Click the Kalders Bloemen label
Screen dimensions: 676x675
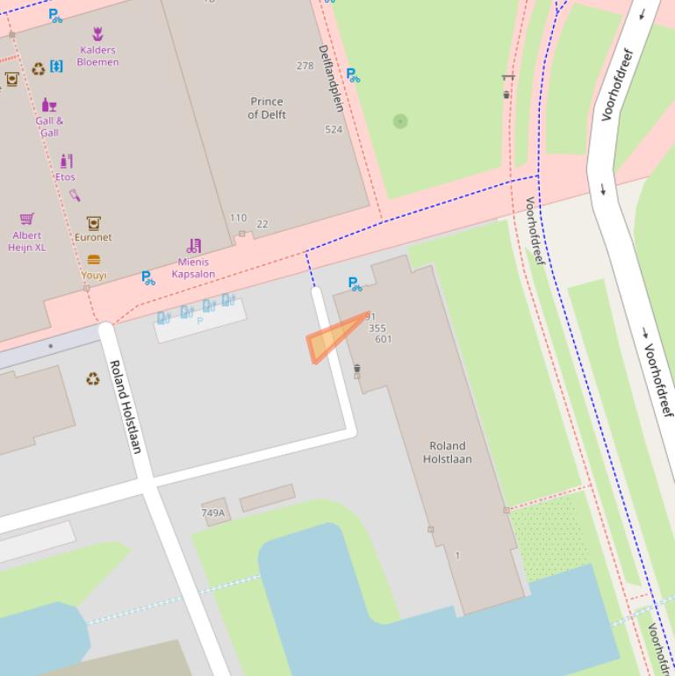coord(97,56)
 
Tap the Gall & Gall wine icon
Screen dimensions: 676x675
coord(49,105)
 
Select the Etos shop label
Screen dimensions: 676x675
coord(65,176)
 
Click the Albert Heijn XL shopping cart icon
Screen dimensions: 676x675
coord(27,219)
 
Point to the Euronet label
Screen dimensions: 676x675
coord(93,237)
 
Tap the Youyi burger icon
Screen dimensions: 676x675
coord(94,260)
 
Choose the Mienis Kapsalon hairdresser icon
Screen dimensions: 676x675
coord(194,246)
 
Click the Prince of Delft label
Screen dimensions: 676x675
coord(267,108)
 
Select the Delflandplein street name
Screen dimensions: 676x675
coord(331,78)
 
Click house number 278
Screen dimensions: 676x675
coord(305,66)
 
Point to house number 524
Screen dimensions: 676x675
coord(334,129)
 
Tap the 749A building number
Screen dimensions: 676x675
coord(212,513)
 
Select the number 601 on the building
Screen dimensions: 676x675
coord(383,339)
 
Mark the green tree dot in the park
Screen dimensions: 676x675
coord(400,121)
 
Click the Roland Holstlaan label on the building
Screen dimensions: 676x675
coord(447,452)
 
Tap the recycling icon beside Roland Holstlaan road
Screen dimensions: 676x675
coord(92,379)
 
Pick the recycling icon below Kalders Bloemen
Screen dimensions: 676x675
coord(38,68)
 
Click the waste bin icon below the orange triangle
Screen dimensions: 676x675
coord(356,370)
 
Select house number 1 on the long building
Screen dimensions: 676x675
coord(457,555)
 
